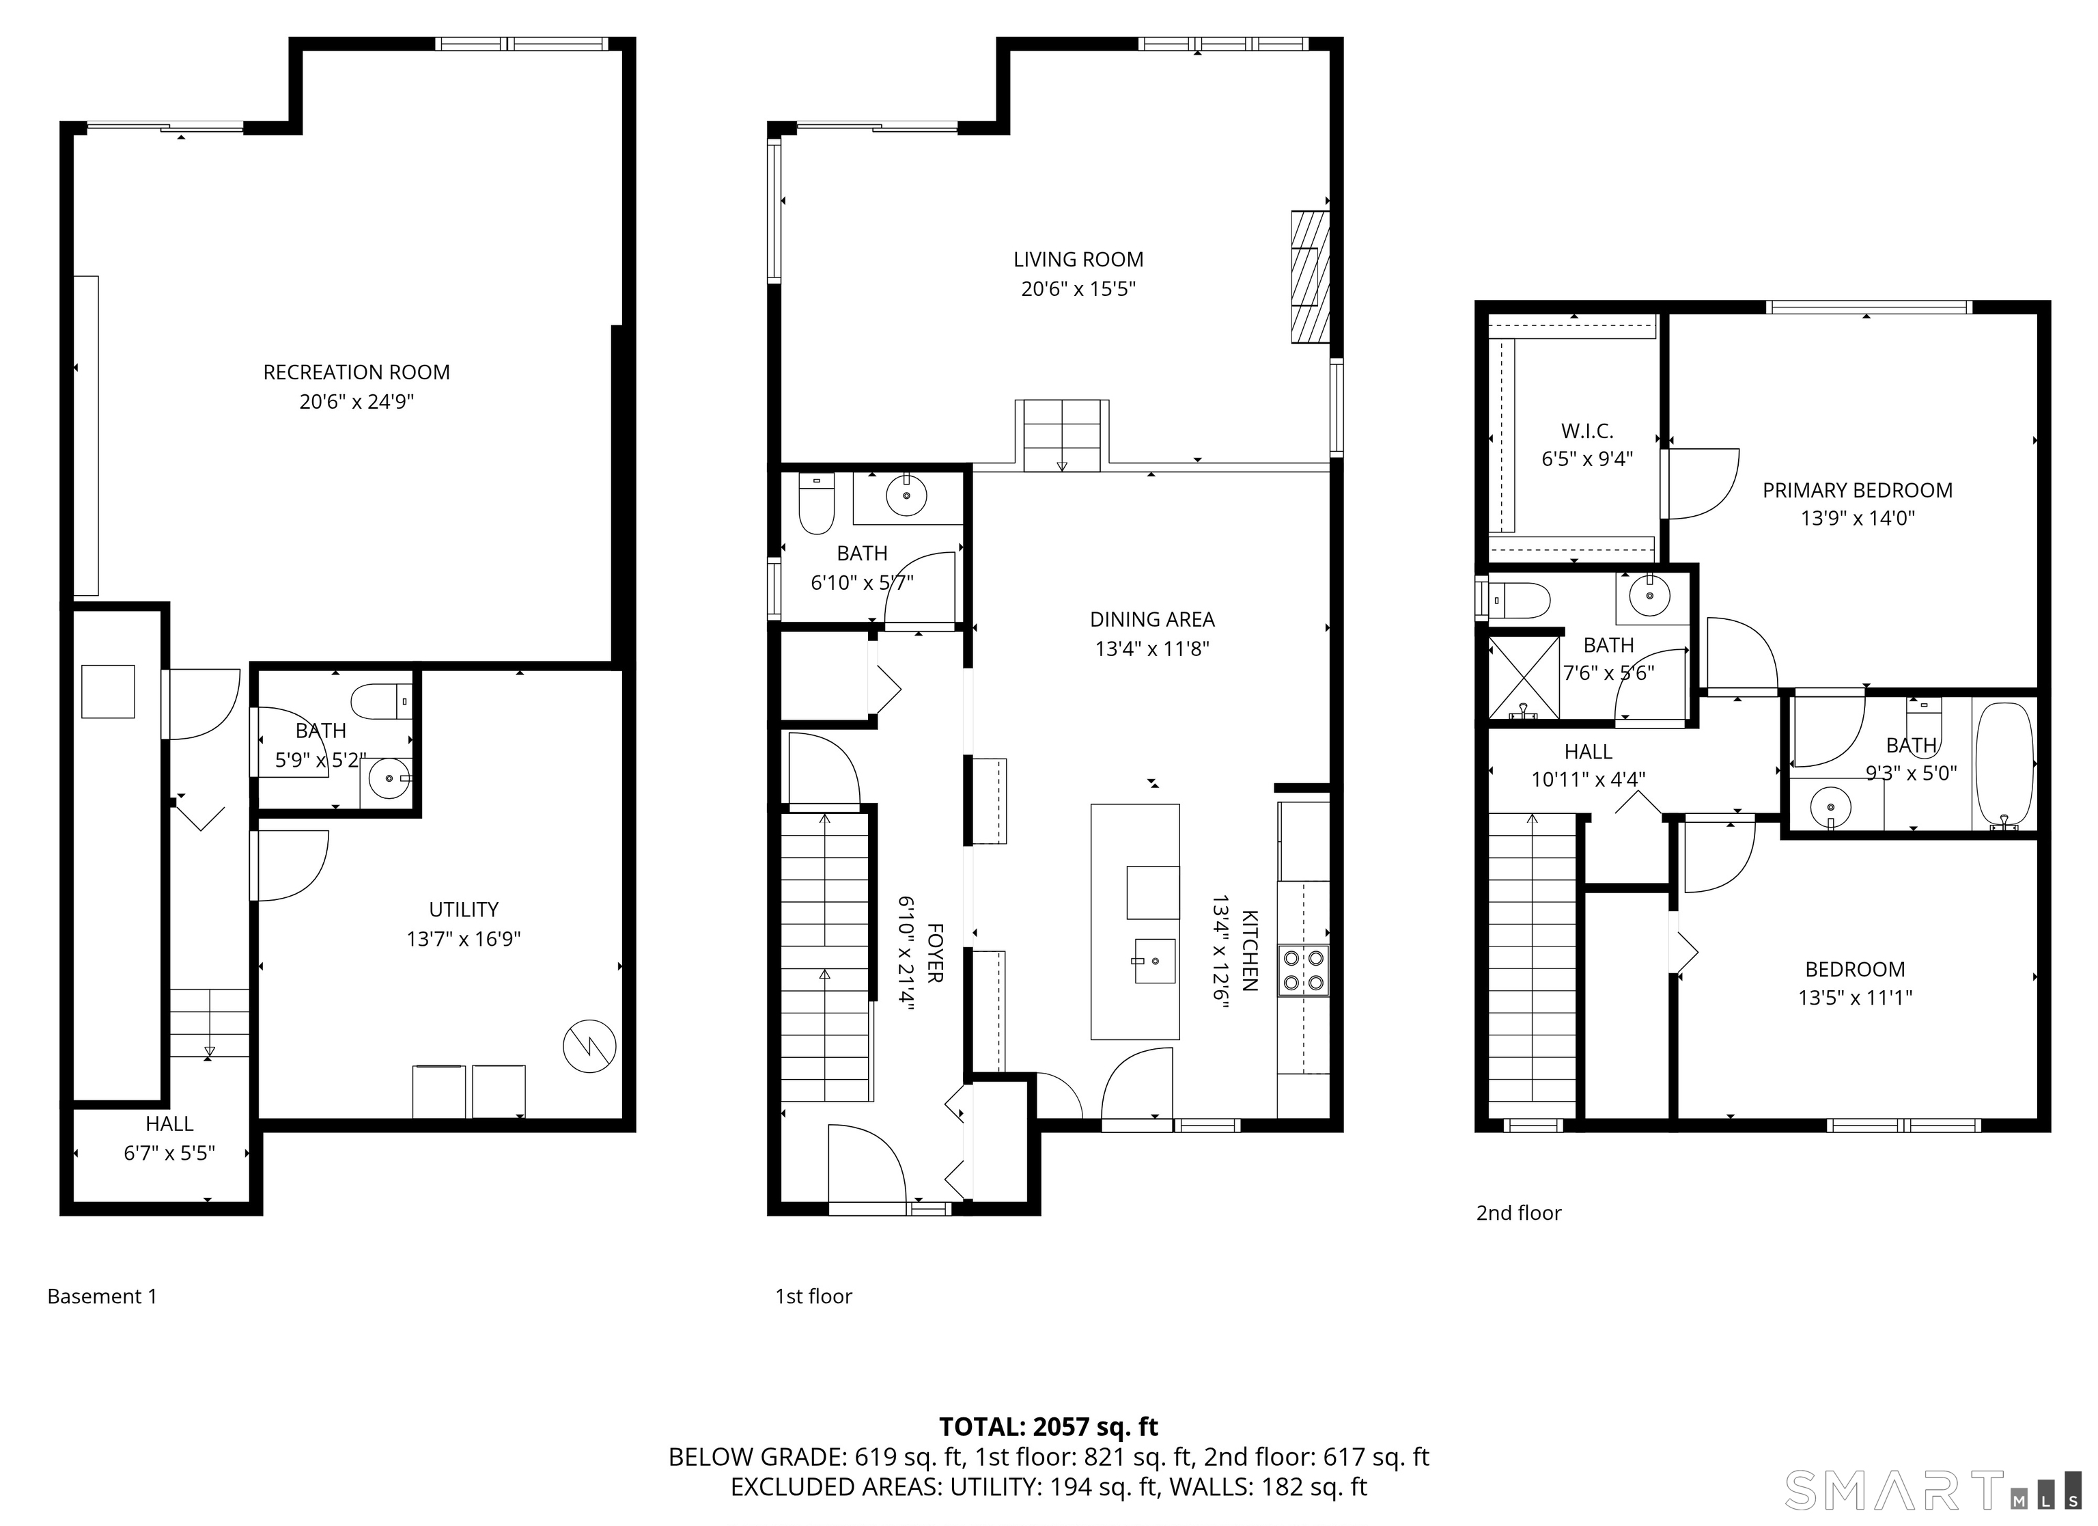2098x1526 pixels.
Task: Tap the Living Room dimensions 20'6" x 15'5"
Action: click(1078, 288)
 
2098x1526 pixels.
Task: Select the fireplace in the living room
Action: click(1310, 277)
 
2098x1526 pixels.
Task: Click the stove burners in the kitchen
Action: click(1303, 970)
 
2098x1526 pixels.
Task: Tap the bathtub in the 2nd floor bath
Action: click(2004, 765)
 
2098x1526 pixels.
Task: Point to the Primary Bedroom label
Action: click(1858, 491)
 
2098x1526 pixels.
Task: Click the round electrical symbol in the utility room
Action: click(589, 1047)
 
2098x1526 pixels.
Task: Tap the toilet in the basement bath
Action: click(382, 700)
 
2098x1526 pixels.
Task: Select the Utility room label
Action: click(464, 910)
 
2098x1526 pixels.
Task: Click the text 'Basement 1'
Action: click(102, 1296)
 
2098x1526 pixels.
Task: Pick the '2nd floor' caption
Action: click(1518, 1213)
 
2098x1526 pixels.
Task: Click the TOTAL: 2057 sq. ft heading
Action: click(1049, 1426)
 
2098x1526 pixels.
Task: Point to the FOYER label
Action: click(935, 952)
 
